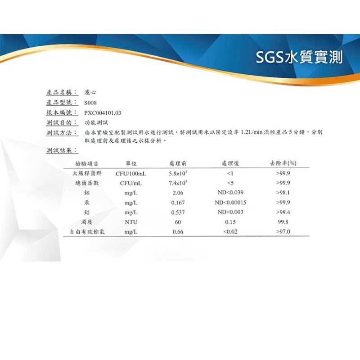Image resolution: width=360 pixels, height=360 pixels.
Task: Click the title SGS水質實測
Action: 299,57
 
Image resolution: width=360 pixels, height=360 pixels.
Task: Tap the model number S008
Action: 90,103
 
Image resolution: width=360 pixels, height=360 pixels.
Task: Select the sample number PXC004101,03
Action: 103,113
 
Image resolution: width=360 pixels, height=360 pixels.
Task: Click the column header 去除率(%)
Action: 283,163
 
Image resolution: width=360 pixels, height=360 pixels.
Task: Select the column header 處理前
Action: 178,163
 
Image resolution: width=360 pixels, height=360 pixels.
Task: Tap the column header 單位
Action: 131,163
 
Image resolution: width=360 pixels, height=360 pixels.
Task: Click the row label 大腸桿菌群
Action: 87,173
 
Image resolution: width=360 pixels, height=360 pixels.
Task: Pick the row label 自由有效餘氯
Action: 87,232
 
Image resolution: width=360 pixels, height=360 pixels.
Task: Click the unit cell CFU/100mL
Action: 130,174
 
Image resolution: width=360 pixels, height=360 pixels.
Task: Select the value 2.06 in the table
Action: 178,193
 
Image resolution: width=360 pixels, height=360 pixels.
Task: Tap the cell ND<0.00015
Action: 230,202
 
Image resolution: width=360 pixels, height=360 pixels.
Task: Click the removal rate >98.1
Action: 283,193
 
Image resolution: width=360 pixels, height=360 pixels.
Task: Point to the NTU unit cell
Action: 131,222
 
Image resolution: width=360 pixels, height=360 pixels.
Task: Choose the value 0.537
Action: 178,212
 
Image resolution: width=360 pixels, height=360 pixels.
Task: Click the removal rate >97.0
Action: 283,232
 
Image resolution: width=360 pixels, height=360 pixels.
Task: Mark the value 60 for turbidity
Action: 178,222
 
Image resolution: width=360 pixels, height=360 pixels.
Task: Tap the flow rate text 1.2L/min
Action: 252,132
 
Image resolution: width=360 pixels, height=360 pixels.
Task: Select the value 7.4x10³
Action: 178,183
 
